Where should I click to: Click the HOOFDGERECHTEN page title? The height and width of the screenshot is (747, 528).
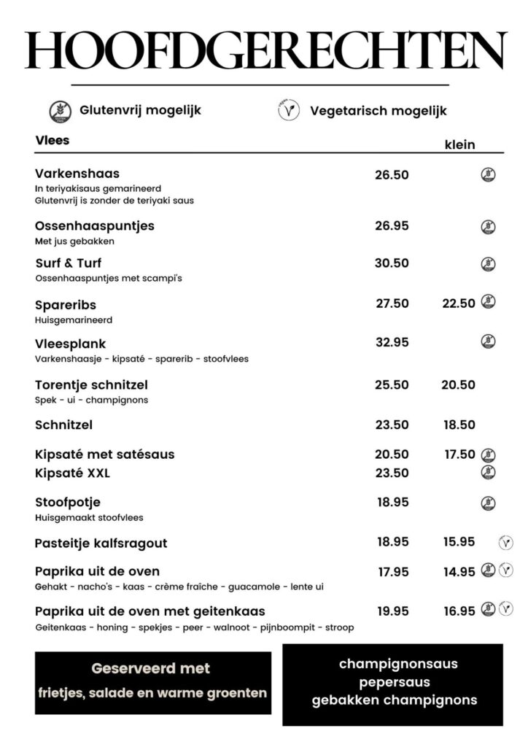tap(264, 50)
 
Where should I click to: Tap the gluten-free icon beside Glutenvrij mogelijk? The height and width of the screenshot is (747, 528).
tap(60, 111)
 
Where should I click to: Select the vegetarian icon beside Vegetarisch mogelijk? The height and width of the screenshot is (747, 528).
tap(290, 111)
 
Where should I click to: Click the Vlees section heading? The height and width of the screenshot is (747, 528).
tap(53, 140)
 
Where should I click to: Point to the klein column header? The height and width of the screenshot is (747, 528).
tap(459, 144)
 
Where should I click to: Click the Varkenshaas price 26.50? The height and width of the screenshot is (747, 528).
tap(392, 175)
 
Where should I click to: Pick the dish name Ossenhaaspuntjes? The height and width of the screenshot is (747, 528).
tap(95, 226)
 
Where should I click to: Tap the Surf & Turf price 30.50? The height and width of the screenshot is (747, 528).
tap(392, 263)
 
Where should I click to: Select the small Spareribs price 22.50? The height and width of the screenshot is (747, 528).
tap(459, 303)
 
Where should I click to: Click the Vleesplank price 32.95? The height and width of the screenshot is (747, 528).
tap(392, 342)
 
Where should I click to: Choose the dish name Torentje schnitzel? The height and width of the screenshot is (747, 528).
tap(91, 384)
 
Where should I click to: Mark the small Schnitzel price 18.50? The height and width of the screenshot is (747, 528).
tap(459, 425)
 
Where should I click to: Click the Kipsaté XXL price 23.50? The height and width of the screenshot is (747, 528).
tap(392, 473)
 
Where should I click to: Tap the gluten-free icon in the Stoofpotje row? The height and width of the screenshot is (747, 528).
tap(488, 503)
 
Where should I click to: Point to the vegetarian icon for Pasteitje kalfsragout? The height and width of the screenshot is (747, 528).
tap(505, 542)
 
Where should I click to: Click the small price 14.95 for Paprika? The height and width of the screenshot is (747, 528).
tap(459, 572)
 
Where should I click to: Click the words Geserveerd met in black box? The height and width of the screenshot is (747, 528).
tap(151, 668)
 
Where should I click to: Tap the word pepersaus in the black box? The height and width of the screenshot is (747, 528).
tap(394, 683)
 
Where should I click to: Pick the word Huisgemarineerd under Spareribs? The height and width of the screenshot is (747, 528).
tap(74, 320)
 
